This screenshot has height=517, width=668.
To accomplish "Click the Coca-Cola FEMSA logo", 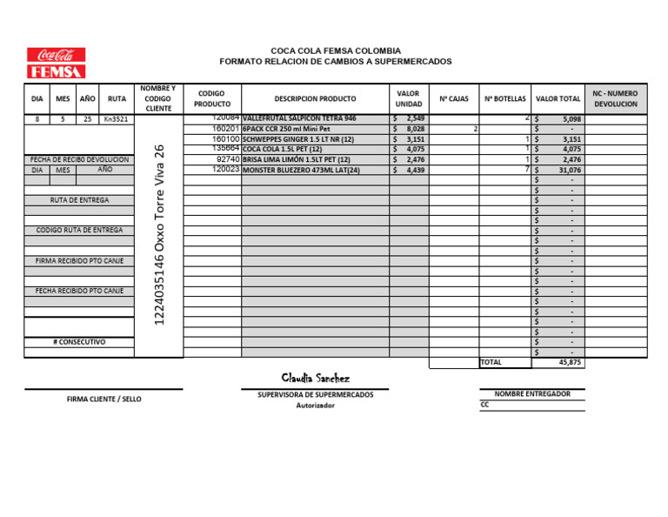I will [56, 63].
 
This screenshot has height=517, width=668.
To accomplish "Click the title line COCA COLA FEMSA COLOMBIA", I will [336, 50].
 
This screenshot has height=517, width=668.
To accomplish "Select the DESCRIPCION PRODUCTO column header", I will [315, 99].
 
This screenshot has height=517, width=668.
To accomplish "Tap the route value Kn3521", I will [116, 118].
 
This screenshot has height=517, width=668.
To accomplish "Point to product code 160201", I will [225, 129].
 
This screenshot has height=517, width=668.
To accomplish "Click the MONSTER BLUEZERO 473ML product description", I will [301, 171].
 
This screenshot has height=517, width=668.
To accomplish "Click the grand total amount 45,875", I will [570, 362].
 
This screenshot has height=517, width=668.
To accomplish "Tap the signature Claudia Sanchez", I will [315, 379].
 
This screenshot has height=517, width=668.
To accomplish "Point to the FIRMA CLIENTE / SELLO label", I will [104, 399].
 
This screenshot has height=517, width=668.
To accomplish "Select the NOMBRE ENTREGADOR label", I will [532, 393].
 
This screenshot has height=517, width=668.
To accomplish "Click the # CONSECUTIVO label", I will [79, 342].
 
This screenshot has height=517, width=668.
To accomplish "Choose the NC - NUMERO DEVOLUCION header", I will [615, 98].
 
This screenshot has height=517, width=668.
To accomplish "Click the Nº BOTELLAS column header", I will [504, 99].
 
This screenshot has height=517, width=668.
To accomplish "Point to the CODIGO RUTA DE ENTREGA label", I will [79, 230].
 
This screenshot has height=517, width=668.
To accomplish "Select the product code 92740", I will [227, 160].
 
